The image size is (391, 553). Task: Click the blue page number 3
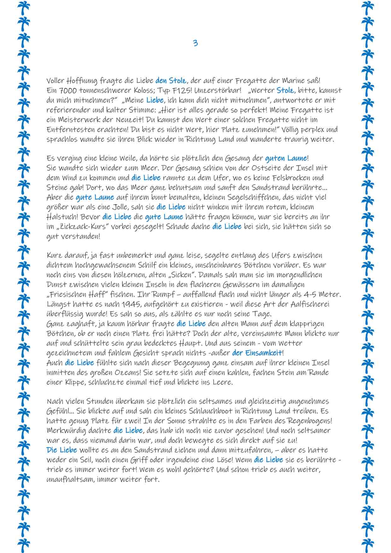tap(195, 43)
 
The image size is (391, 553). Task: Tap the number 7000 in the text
tap(68, 91)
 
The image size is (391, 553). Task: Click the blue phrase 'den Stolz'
tap(171, 81)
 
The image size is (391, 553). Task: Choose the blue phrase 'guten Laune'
tap(286, 158)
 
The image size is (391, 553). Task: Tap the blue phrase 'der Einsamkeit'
tap(258, 353)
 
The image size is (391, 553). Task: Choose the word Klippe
tap(75, 382)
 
